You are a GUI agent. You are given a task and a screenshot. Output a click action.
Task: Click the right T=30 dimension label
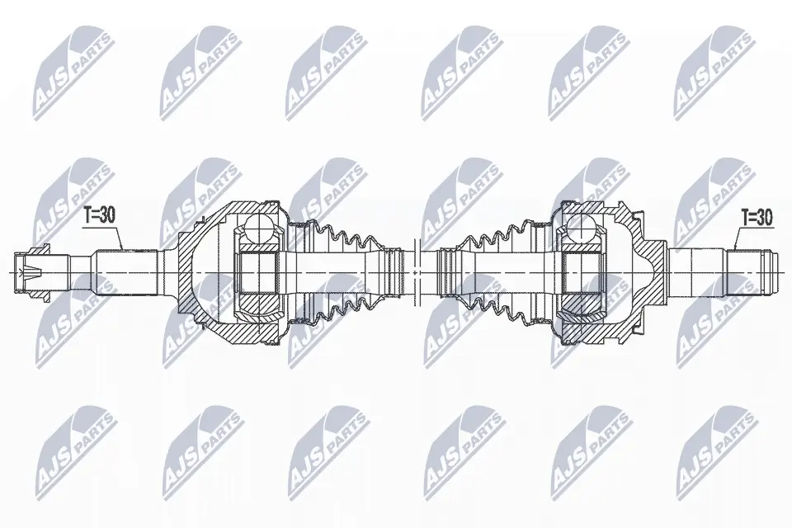(756, 217)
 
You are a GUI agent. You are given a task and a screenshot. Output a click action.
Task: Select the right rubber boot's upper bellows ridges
(495, 235)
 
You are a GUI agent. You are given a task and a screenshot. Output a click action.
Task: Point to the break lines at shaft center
(415, 262)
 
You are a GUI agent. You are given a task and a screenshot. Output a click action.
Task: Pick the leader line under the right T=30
(733, 240)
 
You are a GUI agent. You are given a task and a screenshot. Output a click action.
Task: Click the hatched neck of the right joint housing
(652, 247)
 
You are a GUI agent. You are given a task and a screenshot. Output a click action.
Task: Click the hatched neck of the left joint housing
(183, 247)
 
